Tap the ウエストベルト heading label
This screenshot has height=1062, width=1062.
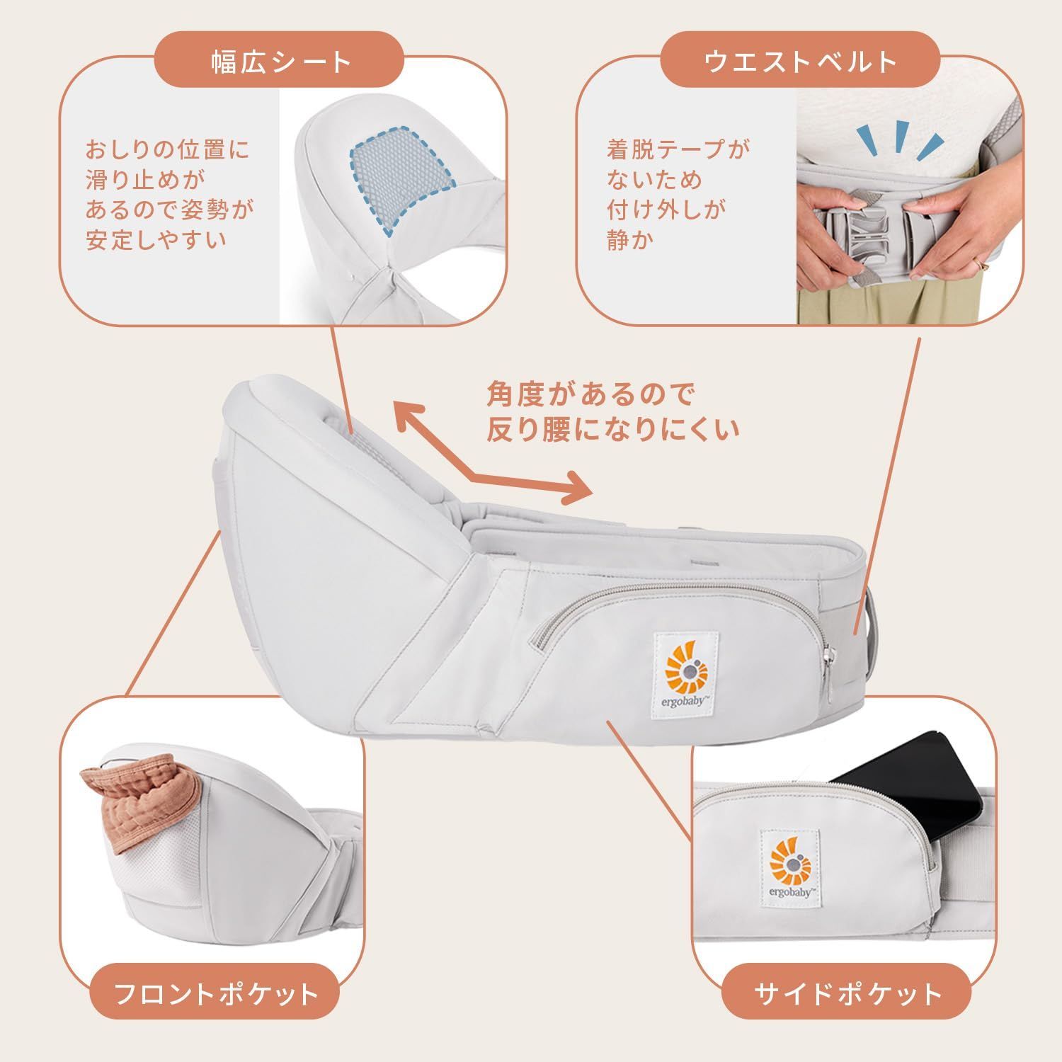[800, 62]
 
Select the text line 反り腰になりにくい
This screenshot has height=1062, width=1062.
[612, 430]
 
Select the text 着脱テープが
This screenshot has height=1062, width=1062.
[678, 149]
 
